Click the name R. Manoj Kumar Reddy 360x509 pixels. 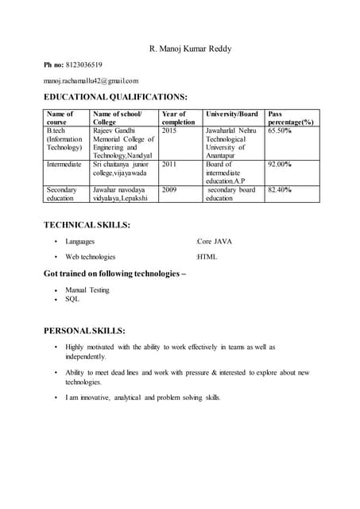point(191,49)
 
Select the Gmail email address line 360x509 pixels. point(91,81)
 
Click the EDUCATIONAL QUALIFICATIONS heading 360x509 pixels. point(115,96)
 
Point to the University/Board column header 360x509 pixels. point(232,114)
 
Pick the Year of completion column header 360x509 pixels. point(178,119)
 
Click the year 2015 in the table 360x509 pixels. point(169,130)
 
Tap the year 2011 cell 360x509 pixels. point(169,165)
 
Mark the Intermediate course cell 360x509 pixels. point(64,165)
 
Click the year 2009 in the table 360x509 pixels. point(169,190)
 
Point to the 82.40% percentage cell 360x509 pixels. point(280,190)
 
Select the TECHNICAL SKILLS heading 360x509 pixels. point(87,225)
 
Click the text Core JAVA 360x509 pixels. point(215,241)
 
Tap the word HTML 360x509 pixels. point(207,257)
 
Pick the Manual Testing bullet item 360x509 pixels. point(87,290)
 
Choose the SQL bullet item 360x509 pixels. point(72,299)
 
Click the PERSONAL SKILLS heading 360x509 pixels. point(84,330)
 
